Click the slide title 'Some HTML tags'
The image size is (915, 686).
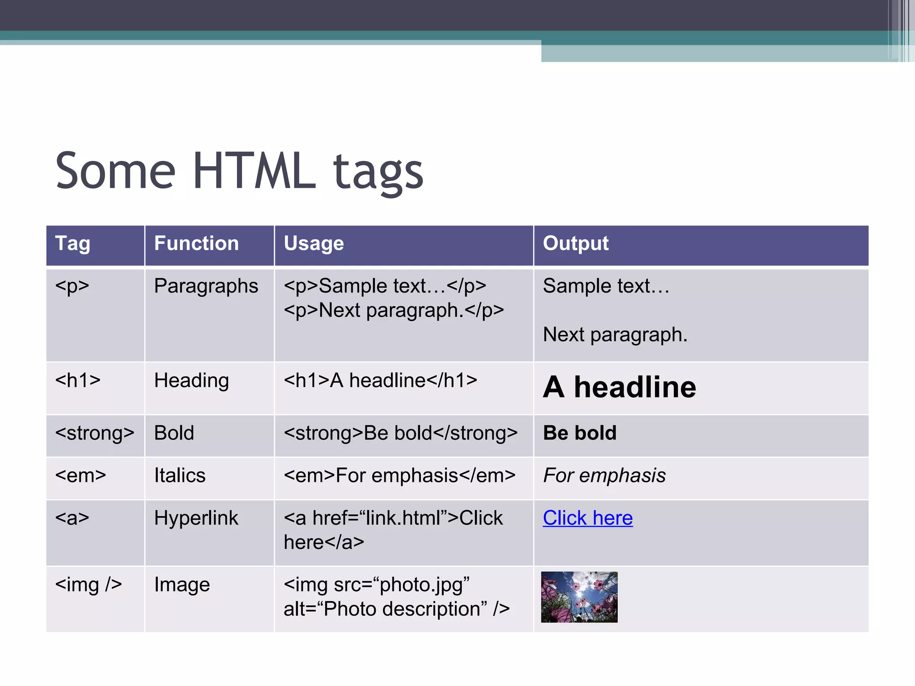pos(239,172)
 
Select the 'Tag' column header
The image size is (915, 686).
pos(72,244)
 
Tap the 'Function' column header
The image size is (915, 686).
pos(196,244)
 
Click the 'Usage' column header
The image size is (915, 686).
pos(314,244)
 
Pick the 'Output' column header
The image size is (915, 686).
pos(575,244)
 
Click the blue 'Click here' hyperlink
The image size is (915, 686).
pos(588,518)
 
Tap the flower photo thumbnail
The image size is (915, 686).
pos(579,597)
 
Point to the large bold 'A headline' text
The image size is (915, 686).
pos(619,387)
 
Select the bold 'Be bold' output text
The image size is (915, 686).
pos(579,433)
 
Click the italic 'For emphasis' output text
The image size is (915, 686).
pos(604,476)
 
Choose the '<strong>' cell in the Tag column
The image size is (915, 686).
pos(95,433)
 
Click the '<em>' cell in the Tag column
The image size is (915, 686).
pos(80,476)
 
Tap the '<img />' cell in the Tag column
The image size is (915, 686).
pos(88,585)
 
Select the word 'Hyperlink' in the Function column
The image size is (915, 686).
pos(196,518)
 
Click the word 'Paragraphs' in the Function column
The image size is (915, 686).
pos(206,286)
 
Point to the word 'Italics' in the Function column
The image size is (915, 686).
pos(180,476)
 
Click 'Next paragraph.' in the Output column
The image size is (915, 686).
pos(615,335)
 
